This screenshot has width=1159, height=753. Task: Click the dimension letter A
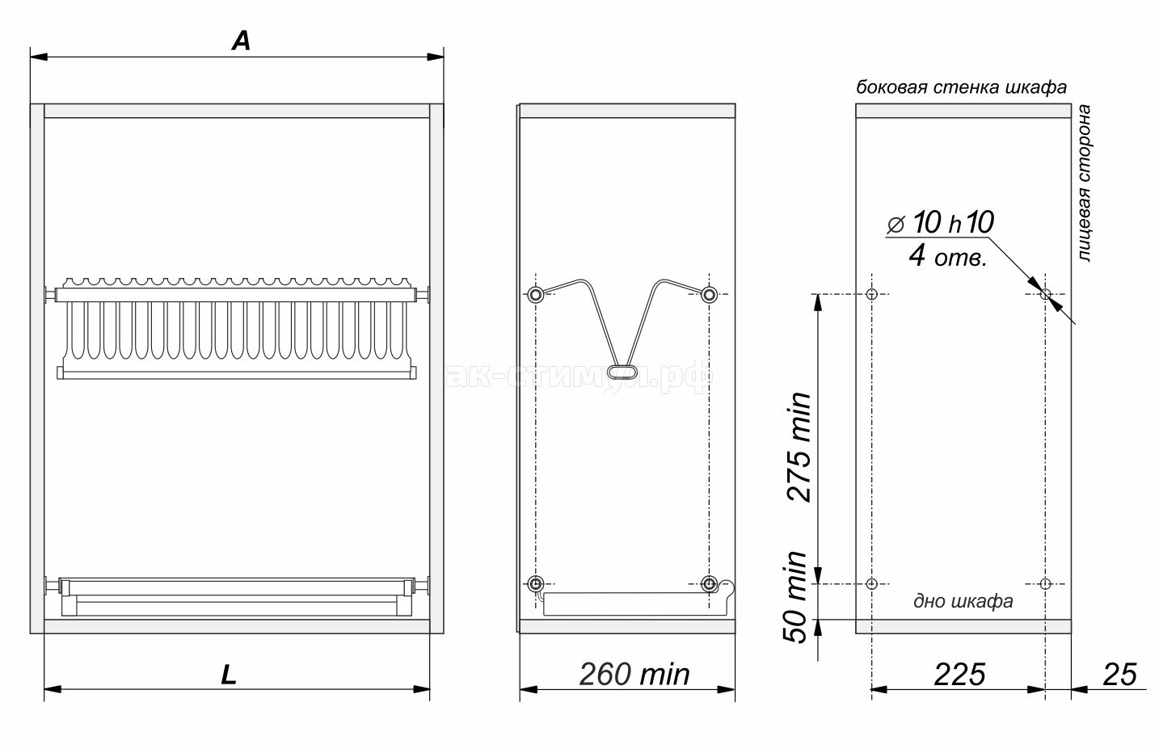click(242, 41)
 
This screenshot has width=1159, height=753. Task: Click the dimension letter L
click(229, 675)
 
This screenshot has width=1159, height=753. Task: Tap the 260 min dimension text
click(634, 675)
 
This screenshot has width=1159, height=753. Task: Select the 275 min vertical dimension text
click(799, 447)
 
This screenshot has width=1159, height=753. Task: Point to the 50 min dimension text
click(795, 597)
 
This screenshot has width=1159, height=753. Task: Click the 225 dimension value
click(959, 675)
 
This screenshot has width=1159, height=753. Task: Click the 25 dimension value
click(1119, 675)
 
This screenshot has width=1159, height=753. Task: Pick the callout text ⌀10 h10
click(941, 223)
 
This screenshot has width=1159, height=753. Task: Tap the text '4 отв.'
click(948, 255)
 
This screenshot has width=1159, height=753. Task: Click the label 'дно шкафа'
click(963, 601)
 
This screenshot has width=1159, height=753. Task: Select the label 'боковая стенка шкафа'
click(961, 87)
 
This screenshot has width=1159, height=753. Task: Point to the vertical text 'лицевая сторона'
click(1084, 183)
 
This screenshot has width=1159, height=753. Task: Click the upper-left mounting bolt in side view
click(536, 295)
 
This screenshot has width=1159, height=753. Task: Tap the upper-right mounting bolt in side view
click(709, 295)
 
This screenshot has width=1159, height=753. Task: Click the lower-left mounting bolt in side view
click(536, 584)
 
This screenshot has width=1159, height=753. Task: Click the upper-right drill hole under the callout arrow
click(1045, 294)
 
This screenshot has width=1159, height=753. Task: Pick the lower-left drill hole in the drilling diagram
click(872, 584)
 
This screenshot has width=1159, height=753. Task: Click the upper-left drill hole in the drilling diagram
click(872, 294)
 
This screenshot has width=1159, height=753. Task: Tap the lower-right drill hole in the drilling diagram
click(1045, 584)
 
